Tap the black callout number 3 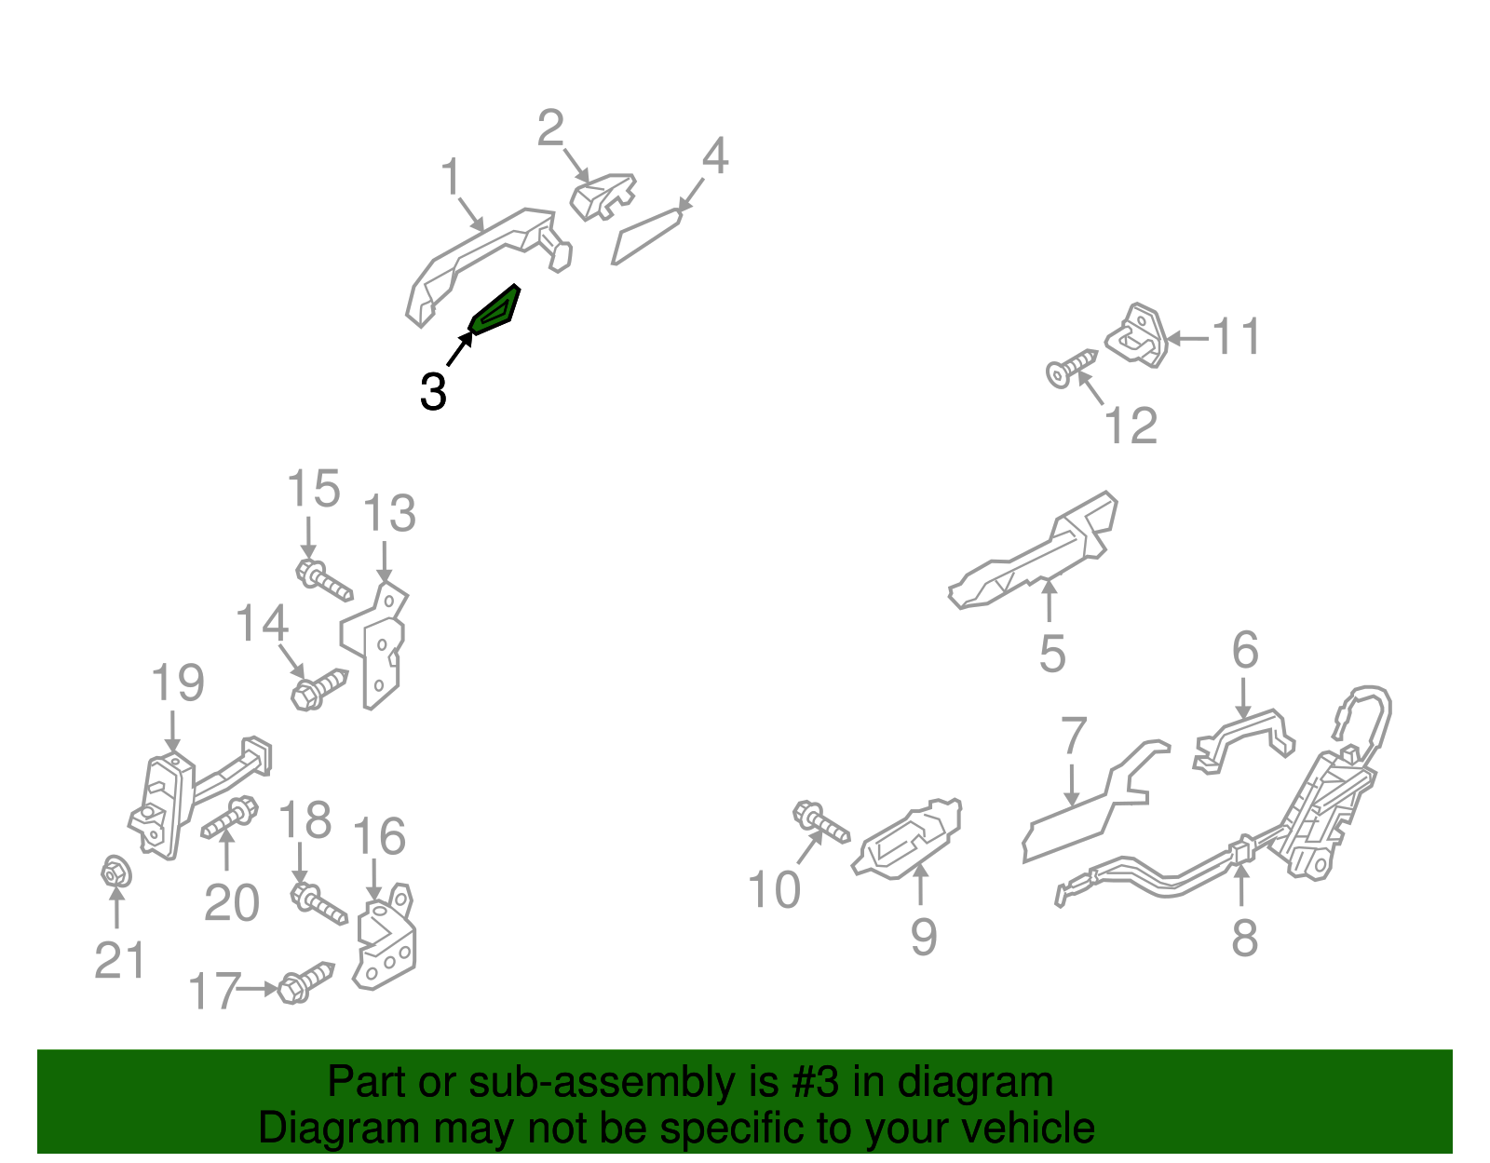point(433,392)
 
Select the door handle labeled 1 point(488,263)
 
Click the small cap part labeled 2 point(603,196)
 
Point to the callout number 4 point(714,156)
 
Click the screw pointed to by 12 point(1072,369)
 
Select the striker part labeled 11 point(1137,336)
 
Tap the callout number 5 point(1052,655)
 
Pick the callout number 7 point(1074,736)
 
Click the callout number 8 point(1244,938)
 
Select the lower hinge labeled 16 point(386,938)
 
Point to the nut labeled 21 point(115,872)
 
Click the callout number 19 point(178,683)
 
